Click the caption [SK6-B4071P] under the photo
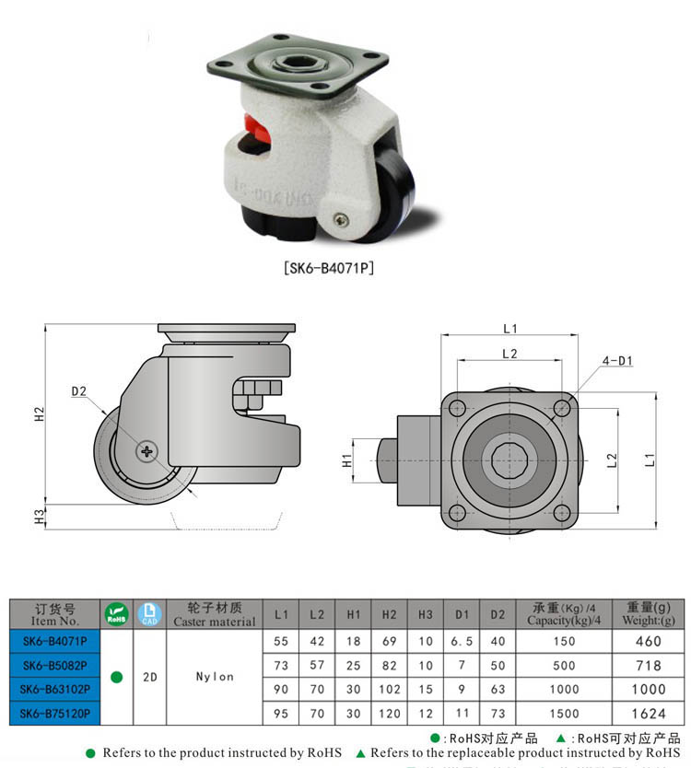pos(329,269)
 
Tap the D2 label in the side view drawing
pos(78,391)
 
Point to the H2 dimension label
pos(39,414)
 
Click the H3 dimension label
pos(39,518)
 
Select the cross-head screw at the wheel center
pos(146,451)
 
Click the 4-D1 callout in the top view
pos(617,361)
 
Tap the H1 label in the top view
pos(347,460)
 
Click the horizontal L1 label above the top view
pos(510,329)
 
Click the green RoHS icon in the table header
pos(116,614)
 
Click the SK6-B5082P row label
pos(54,665)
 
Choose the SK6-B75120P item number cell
pos(54,713)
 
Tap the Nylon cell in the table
pos(215,677)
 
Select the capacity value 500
pos(564,665)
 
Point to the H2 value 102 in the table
pos(389,689)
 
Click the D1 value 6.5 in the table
pos(461,641)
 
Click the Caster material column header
pos(215,614)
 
